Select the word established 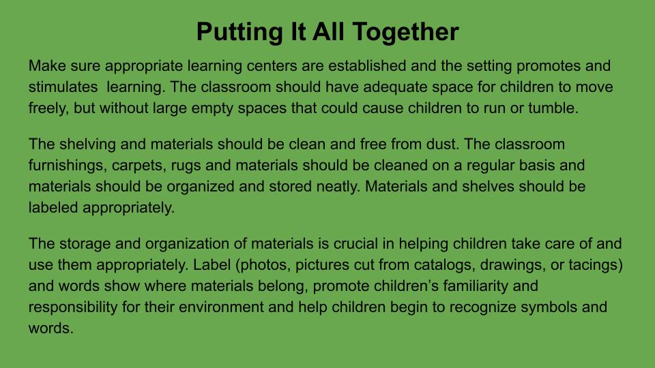point(367,65)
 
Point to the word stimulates point(63,87)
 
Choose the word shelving point(87,144)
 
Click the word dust point(442,144)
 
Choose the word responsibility point(73,308)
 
